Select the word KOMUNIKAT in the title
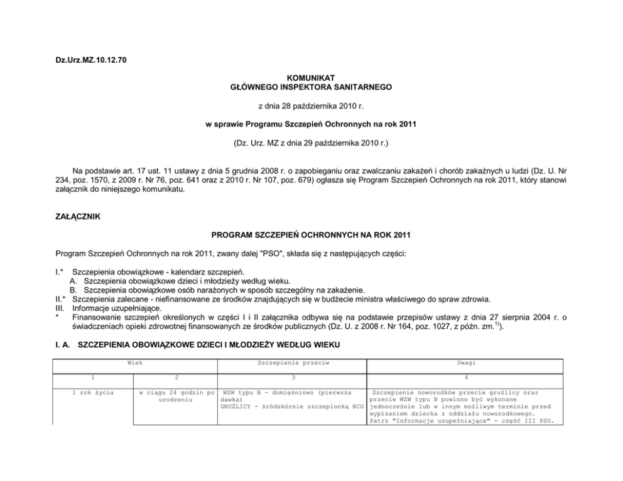[311, 77]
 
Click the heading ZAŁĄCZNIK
[79, 217]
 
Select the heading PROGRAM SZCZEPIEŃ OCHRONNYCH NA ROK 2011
[311, 236]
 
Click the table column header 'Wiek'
[135, 363]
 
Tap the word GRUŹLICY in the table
[236, 407]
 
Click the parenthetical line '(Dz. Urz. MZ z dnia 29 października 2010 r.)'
[311, 144]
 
